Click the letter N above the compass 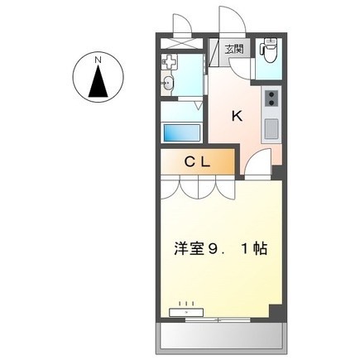click(x=98, y=60)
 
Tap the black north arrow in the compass click(x=98, y=81)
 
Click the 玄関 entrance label click(x=235, y=50)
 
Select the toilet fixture click(x=269, y=51)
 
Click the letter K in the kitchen click(x=237, y=116)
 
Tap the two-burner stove click(x=272, y=98)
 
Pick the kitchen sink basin click(x=271, y=129)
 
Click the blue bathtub click(x=182, y=133)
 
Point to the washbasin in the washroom click(x=168, y=82)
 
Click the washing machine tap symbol click(x=168, y=62)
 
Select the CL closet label click(x=198, y=162)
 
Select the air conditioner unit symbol click(x=186, y=312)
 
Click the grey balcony click(x=222, y=338)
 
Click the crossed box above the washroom click(x=181, y=43)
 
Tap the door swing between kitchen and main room click(x=258, y=162)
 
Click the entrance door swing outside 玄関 click(x=232, y=20)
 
